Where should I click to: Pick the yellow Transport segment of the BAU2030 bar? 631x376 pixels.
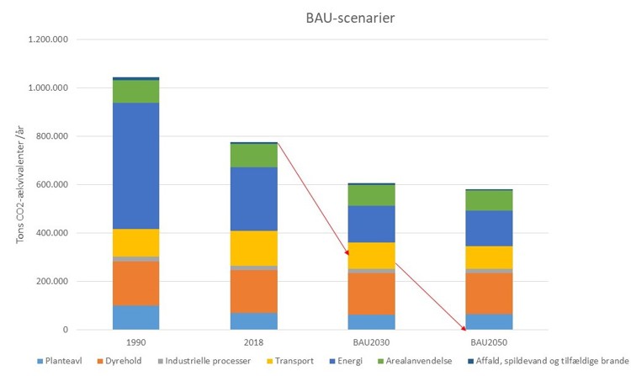[x=372, y=256]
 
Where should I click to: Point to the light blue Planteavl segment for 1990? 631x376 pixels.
[x=135, y=317]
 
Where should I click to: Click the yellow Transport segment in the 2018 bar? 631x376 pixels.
[x=255, y=248]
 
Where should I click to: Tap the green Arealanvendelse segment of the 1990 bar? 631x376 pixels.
[x=135, y=91]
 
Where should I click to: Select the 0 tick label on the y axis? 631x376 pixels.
[x=64, y=330]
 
